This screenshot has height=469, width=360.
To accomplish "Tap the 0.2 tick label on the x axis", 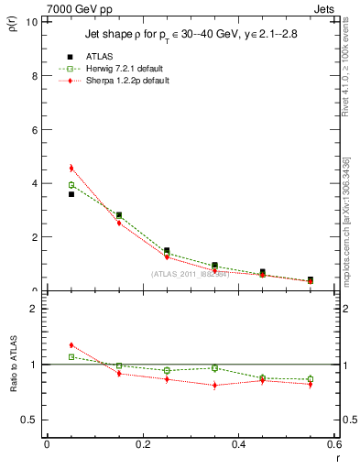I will pos(142,444).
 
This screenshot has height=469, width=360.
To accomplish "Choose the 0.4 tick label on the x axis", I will pos(238,444).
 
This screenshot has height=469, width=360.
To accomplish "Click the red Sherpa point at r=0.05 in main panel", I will pos(71,168).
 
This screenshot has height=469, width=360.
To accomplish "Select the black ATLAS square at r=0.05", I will pos(71,194).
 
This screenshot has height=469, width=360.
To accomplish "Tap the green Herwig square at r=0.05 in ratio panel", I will pos(71,357).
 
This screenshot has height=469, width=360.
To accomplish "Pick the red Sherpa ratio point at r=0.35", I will pos(214,385).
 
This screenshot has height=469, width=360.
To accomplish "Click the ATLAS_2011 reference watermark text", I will pos(190,273).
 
